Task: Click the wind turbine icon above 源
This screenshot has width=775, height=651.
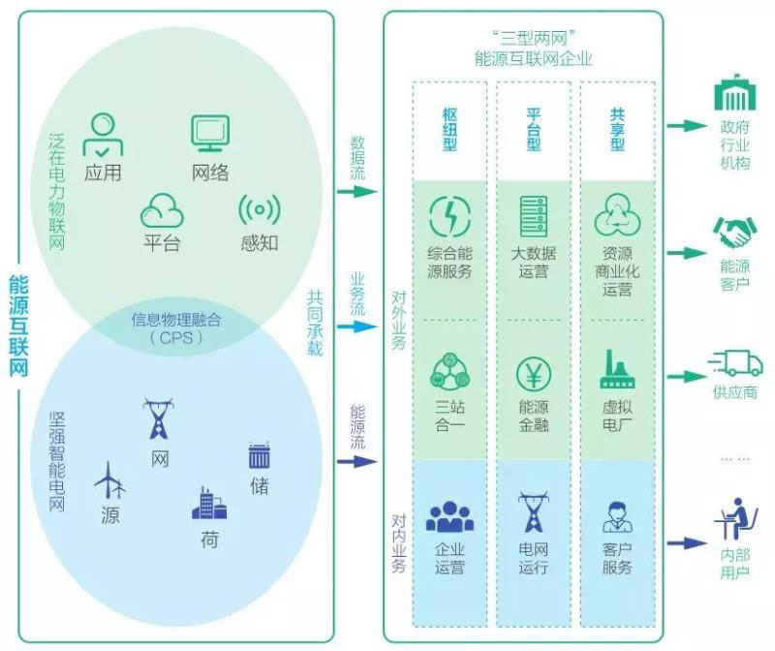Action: coord(109,479)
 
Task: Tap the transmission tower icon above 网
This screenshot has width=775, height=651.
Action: coord(158,419)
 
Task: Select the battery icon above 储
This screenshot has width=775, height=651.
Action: coord(259,456)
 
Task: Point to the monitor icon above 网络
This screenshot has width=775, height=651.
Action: coord(209,133)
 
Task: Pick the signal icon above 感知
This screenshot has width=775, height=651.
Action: coord(259,210)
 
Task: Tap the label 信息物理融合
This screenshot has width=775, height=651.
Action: coord(177,320)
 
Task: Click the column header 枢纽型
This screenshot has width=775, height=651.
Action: coord(449,129)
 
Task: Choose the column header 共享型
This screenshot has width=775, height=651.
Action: coord(617,129)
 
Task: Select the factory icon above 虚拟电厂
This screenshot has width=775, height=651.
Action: coord(617,368)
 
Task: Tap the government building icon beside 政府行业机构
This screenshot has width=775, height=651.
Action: coord(734,95)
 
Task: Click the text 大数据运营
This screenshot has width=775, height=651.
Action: coord(533,263)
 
